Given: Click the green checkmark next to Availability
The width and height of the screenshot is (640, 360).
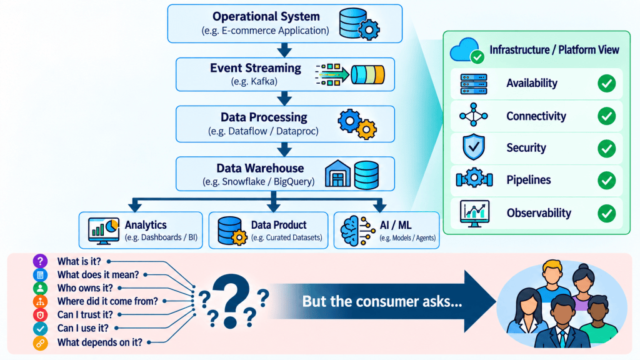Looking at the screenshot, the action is (x=606, y=83).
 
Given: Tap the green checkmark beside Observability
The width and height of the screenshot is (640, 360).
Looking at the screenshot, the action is (x=606, y=213).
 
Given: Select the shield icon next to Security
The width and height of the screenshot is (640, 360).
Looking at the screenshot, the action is (x=474, y=146).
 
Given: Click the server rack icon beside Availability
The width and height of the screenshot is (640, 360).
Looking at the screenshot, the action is (x=474, y=84).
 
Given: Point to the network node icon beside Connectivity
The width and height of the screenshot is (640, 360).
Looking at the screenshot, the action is (x=474, y=115).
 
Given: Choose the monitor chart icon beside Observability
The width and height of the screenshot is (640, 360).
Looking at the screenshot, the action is (x=474, y=214).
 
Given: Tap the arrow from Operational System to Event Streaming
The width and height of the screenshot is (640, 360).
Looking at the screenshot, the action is (x=284, y=50).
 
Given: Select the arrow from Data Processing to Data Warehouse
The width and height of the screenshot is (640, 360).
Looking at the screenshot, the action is (x=284, y=149).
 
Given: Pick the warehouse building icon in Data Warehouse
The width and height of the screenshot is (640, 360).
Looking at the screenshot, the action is (x=337, y=174).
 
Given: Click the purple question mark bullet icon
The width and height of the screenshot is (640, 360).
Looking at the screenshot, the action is (x=40, y=261).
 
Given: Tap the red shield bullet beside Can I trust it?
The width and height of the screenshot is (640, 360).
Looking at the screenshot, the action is (x=40, y=315).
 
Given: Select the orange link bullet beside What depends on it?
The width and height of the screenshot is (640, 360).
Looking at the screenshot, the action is (x=40, y=343).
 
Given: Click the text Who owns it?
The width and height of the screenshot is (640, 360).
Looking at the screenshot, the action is (x=85, y=288).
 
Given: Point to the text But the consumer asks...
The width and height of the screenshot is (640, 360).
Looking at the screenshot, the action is (x=382, y=302).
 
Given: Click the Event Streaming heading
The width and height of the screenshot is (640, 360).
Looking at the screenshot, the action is (x=256, y=68).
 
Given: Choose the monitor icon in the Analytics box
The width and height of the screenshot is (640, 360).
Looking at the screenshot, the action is (x=104, y=231).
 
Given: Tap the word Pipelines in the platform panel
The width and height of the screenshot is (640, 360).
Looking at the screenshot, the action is (x=529, y=180).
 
